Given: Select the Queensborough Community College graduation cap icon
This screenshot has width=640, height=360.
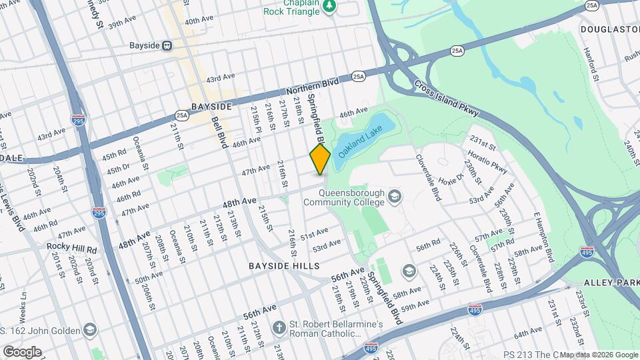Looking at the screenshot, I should click(x=395, y=196).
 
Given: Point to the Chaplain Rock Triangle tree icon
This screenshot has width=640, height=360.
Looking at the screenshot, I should click(x=329, y=6).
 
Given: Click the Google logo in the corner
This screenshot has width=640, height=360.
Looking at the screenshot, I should click(x=22, y=351).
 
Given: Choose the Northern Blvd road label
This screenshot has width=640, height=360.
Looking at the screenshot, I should click(x=313, y=85).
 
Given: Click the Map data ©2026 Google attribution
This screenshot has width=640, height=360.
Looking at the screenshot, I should click(x=598, y=354).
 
